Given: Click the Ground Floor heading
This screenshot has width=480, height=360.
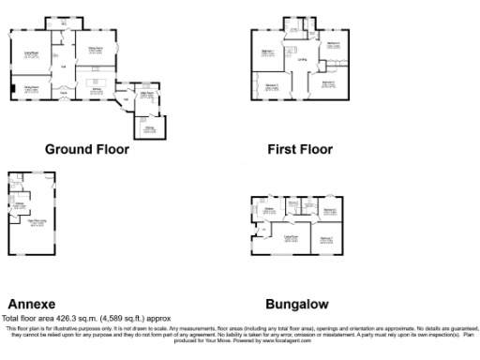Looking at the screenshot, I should point(87,149).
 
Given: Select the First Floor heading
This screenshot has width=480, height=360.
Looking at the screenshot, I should point(300,149).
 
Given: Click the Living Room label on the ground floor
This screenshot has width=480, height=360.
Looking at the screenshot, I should point(30,52).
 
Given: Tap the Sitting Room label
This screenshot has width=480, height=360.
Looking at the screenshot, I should point(96,48).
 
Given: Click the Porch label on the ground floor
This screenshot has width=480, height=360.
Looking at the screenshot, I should point(65,94).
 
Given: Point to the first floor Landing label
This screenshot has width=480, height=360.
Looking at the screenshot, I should point(302,61).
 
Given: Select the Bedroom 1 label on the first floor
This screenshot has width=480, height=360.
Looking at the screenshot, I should point(267,52).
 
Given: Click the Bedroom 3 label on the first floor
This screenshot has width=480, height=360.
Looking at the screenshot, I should point(272,86).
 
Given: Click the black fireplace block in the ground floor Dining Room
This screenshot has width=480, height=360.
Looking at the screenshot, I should point(12,89).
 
